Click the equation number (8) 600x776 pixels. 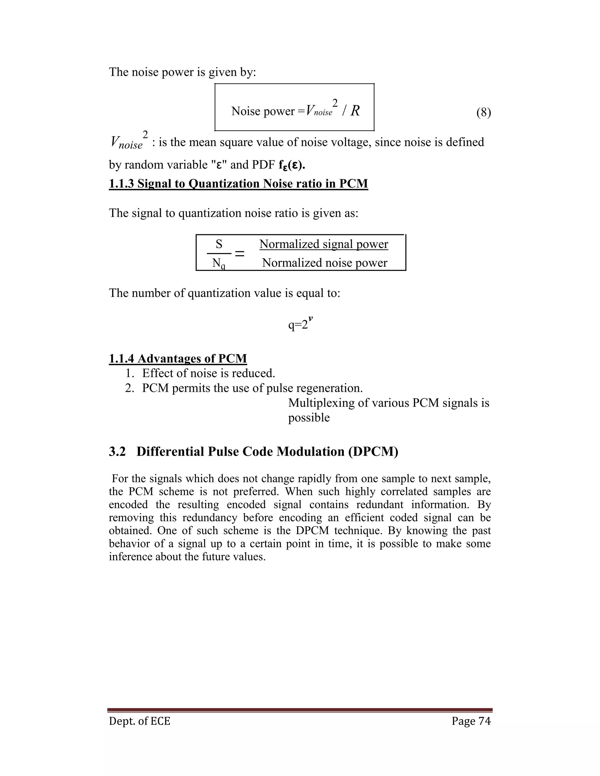(x=483, y=113)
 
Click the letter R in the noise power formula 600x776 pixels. (x=355, y=111)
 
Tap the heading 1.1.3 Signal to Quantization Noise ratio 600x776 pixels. (x=238, y=184)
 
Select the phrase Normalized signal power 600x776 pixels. (x=323, y=244)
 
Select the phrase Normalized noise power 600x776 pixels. (x=324, y=263)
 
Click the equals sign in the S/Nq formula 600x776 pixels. (x=240, y=254)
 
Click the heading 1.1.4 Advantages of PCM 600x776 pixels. (x=178, y=358)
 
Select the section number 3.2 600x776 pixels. (x=117, y=452)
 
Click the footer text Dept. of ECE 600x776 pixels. (x=139, y=721)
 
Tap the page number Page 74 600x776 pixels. (x=471, y=721)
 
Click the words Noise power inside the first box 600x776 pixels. (x=263, y=111)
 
